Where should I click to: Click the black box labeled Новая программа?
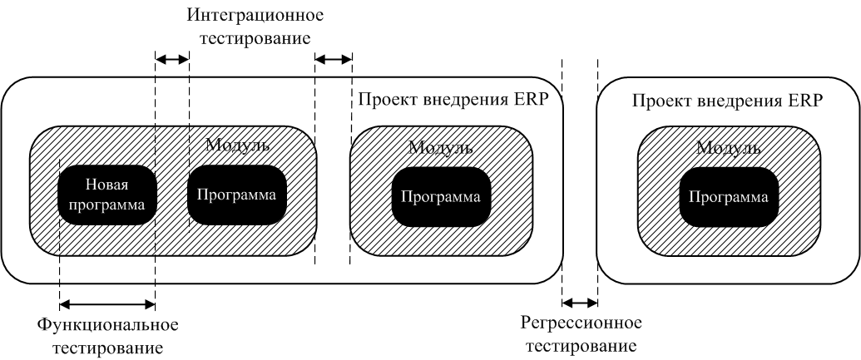point(107,195)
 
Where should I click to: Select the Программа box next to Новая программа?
point(236,195)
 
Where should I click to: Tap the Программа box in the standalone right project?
point(729,197)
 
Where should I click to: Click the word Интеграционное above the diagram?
point(255,15)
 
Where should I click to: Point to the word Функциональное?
point(108,325)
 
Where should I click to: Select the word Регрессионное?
point(581,323)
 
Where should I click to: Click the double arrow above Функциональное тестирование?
point(107,303)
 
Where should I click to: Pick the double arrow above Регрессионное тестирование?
point(580,302)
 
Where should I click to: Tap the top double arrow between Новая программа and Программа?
point(172,58)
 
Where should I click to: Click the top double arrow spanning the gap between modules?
point(334,59)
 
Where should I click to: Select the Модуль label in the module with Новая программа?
point(237,145)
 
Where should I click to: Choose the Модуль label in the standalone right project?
point(729,148)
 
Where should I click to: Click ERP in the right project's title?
point(809,101)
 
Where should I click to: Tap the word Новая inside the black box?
point(106,185)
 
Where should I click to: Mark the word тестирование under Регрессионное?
point(581,346)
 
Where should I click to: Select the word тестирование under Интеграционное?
point(255,39)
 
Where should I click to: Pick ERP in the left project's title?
point(534,101)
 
